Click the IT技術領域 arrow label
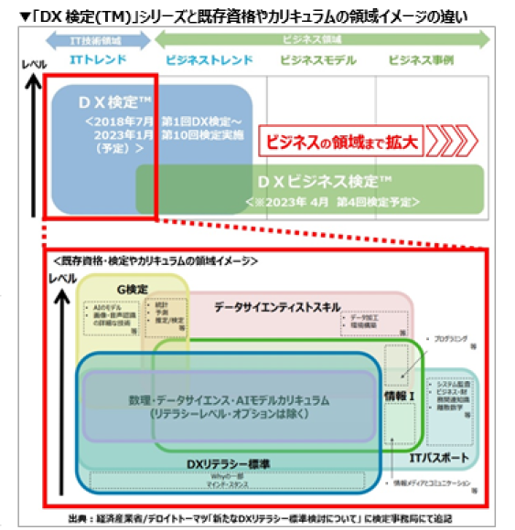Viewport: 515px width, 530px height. (x=98, y=41)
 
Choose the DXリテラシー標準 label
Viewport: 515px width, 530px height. (x=217, y=464)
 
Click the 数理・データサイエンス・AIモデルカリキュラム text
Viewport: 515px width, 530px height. (x=229, y=400)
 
